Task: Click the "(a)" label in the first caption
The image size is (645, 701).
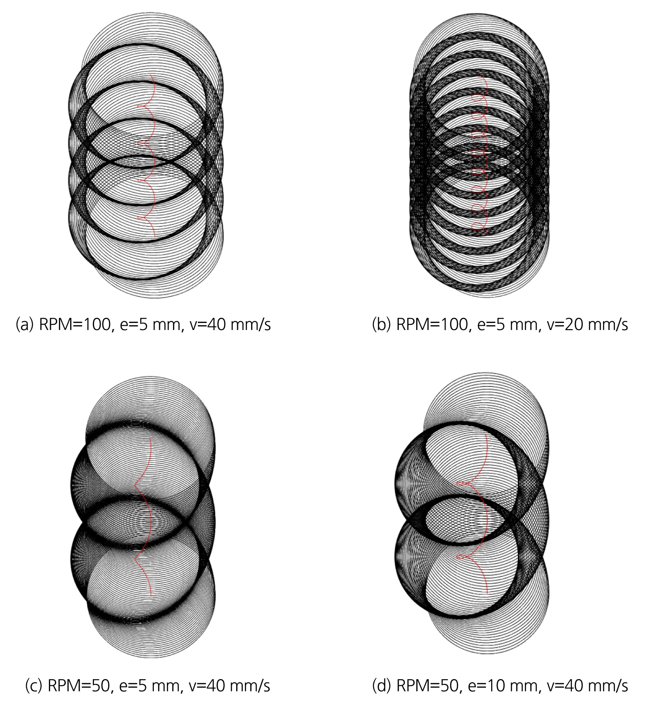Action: (25, 325)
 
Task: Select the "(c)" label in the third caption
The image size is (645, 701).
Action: (34, 686)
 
